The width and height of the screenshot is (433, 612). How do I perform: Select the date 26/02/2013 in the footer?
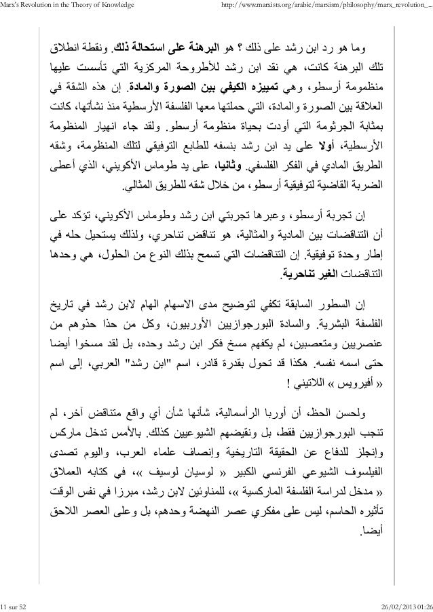[392, 605]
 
